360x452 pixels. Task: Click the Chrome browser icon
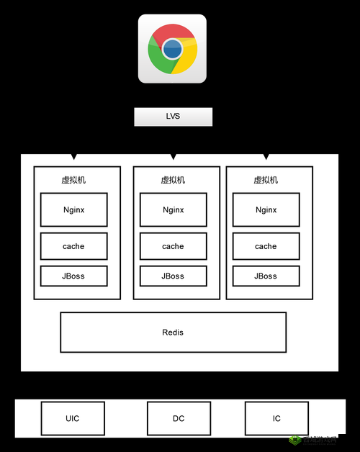click(172, 49)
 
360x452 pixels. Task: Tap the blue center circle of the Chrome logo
click(172, 49)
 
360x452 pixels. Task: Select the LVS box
click(173, 117)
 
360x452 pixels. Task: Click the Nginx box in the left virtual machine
click(73, 210)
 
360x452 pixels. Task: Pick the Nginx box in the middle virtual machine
click(173, 210)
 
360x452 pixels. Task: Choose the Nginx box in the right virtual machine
click(266, 210)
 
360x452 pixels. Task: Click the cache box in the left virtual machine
click(73, 246)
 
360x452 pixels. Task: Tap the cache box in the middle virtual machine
click(173, 246)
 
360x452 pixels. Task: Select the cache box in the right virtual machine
click(266, 246)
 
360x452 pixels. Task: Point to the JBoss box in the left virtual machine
click(73, 276)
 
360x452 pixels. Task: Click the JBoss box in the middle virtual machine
click(173, 276)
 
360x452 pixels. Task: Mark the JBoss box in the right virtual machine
click(266, 276)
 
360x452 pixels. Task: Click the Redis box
click(173, 332)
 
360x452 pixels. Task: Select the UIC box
click(73, 418)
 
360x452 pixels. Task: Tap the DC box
click(179, 418)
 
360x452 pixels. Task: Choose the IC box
click(276, 418)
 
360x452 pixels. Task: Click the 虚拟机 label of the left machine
click(73, 180)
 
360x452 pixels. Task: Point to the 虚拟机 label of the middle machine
click(173, 180)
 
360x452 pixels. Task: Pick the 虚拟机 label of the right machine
click(266, 180)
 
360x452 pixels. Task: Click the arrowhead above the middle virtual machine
click(173, 156)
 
